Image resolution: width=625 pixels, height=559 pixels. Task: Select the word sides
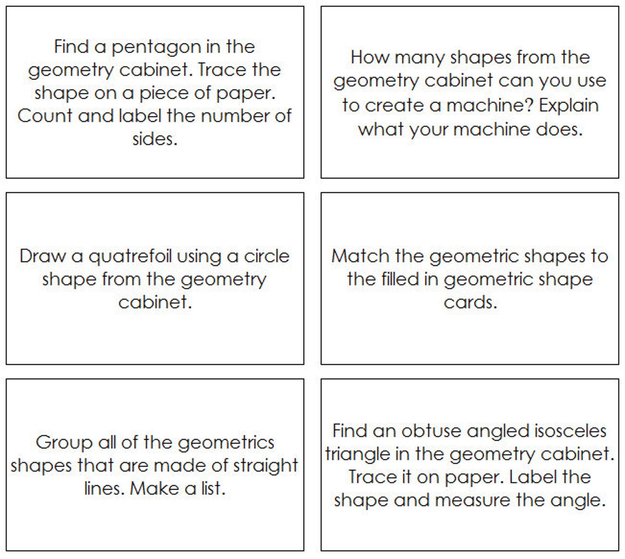pos(155,139)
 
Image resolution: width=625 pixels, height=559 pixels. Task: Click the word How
pos(370,57)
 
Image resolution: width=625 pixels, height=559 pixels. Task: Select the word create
pos(398,106)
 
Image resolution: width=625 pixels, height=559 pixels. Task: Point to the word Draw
pos(43,256)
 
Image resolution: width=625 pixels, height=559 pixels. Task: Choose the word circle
pos(266,256)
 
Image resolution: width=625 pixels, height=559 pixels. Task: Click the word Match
pos(360,256)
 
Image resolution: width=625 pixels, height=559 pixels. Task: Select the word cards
pos(470,303)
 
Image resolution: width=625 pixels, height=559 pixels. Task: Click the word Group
pos(64,443)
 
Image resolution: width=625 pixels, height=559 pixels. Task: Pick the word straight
pos(265,466)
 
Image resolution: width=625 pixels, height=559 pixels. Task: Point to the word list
pos(213,489)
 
